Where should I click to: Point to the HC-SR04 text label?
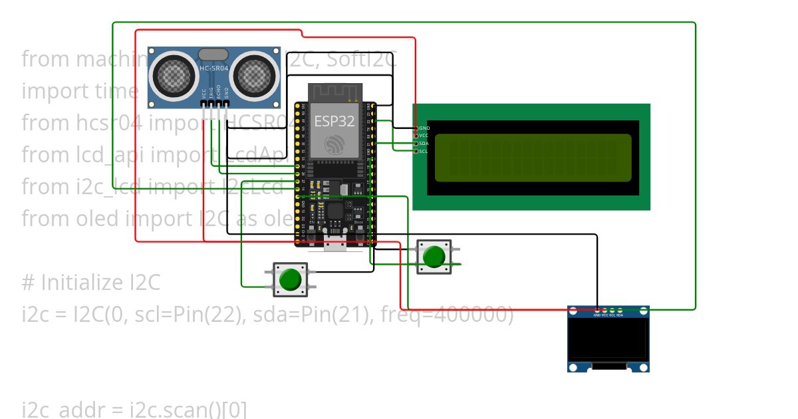pyautogui.click(x=214, y=68)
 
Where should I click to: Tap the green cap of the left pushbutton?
pyautogui.click(x=290, y=279)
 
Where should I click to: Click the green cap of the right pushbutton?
pyautogui.click(x=434, y=257)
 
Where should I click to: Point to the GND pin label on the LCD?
pyautogui.click(x=424, y=128)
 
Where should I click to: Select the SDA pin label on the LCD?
pyautogui.click(x=424, y=143)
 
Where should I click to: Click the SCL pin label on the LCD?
pyautogui.click(x=424, y=151)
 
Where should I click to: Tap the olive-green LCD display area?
pyautogui.click(x=533, y=158)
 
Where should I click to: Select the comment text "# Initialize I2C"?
pyautogui.click(x=91, y=283)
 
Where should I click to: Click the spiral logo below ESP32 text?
pyautogui.click(x=335, y=144)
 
